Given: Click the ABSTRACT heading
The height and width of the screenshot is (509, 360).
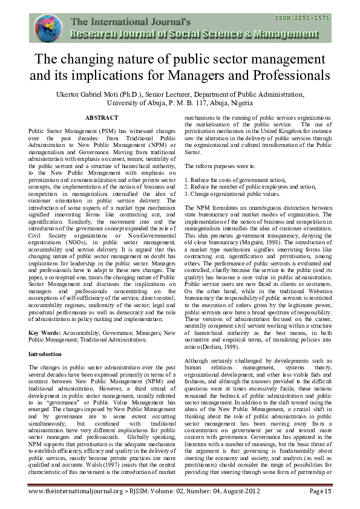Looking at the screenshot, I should [x=102, y=117].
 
